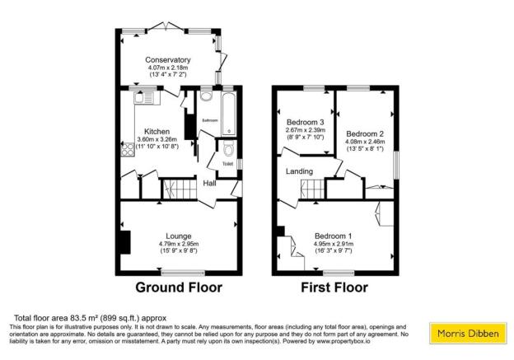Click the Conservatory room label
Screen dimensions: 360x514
pos(167,60)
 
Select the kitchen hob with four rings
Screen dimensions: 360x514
pos(128,150)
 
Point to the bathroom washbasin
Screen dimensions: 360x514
pos(206,96)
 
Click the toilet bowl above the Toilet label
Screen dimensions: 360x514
pos(227,149)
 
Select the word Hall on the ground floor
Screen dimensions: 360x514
pos(210,183)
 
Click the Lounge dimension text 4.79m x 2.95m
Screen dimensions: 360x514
pos(179,244)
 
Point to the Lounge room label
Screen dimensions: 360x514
pos(179,236)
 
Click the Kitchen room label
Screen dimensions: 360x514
pos(157,131)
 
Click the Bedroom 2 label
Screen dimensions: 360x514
pos(364,133)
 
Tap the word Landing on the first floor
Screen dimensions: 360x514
pos(298,171)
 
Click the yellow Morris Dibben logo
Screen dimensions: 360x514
pos(465,334)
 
